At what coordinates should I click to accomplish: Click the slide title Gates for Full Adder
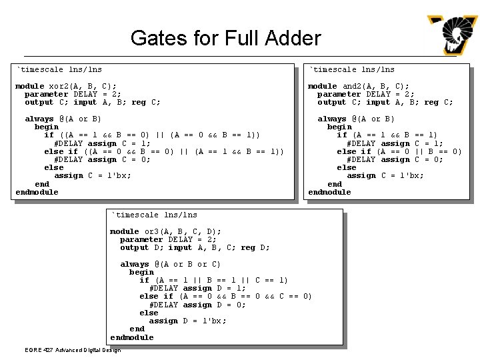(225, 38)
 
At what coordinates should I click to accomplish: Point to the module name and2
(352, 86)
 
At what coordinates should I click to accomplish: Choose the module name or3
(153, 231)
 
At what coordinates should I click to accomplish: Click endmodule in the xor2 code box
(37, 192)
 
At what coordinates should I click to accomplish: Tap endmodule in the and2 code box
(329, 192)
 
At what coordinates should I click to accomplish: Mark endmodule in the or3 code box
(132, 337)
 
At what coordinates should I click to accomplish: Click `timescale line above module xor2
(59, 69)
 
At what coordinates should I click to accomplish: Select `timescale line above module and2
(351, 69)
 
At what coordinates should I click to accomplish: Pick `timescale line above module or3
(154, 215)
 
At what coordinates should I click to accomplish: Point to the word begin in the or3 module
(141, 272)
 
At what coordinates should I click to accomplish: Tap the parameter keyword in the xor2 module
(47, 94)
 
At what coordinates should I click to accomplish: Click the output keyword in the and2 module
(331, 102)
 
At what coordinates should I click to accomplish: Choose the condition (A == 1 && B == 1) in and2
(395, 135)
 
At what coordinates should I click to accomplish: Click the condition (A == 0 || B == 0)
(419, 151)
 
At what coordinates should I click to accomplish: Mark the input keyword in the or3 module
(180, 247)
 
